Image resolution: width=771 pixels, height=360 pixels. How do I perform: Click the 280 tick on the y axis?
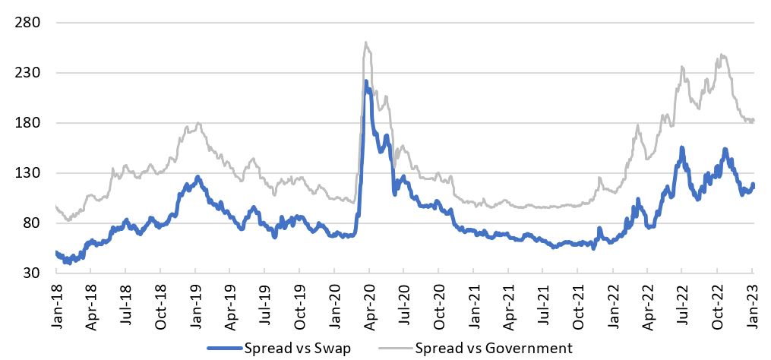[x=27, y=23]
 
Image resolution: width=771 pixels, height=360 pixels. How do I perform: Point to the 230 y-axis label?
[x=27, y=73]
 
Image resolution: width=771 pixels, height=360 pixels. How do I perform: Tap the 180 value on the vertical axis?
[x=27, y=123]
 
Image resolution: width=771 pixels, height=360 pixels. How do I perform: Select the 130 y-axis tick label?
[x=27, y=173]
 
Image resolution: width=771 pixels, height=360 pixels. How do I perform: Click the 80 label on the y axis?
[x=30, y=223]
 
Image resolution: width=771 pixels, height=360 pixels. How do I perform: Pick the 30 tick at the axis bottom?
[x=30, y=273]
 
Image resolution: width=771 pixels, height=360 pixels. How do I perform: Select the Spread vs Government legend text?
[x=493, y=348]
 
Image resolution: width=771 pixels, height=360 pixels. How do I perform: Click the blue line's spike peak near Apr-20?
[x=366, y=81]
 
